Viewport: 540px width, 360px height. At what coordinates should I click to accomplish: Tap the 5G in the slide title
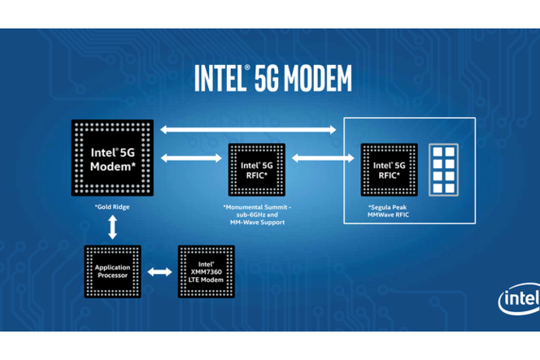coord(262,78)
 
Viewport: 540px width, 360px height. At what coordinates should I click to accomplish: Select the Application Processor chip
coord(112,271)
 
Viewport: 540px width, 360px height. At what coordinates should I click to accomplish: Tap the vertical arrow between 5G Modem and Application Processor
coord(112,226)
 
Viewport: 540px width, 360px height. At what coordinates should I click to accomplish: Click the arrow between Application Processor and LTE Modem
coord(159,271)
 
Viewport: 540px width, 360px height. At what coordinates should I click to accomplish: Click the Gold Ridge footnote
coord(112,207)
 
